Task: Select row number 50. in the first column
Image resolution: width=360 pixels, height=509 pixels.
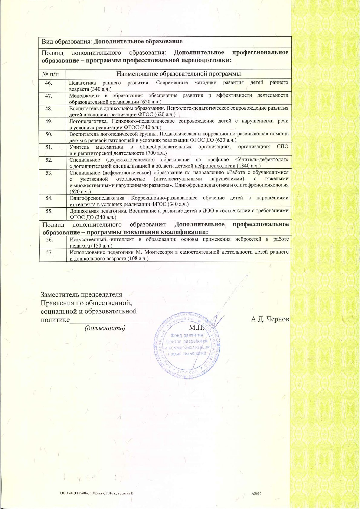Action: (49, 134)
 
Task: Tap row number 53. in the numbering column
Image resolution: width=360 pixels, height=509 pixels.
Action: (49, 173)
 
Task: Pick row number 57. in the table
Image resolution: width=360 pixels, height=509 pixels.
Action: (49, 252)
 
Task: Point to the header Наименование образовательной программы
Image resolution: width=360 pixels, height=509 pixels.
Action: (178, 74)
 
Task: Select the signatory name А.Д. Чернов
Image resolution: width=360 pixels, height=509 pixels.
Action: (270, 319)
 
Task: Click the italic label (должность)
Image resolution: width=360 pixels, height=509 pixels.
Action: (105, 328)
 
